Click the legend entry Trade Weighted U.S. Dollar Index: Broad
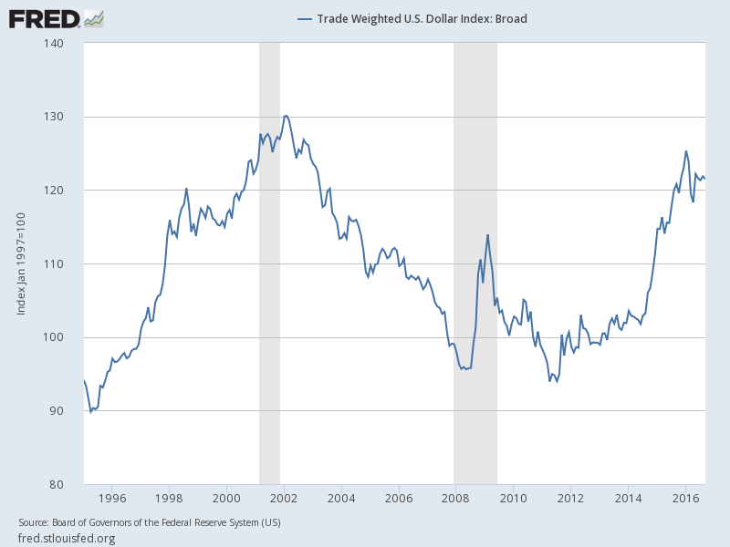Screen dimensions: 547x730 412,18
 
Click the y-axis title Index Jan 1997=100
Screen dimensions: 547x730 21,263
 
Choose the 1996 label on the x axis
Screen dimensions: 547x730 111,498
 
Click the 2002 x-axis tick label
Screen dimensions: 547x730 284,498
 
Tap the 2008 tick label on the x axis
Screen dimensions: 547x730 456,498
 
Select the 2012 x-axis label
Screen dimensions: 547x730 571,498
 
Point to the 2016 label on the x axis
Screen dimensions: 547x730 685,498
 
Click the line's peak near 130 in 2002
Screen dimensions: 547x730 286,116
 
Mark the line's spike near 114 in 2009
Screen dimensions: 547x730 487,235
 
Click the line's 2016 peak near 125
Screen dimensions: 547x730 686,151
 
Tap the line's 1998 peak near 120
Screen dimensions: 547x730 186,189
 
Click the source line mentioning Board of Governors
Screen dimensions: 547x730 150,522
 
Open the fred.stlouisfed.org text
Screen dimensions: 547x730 67,538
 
